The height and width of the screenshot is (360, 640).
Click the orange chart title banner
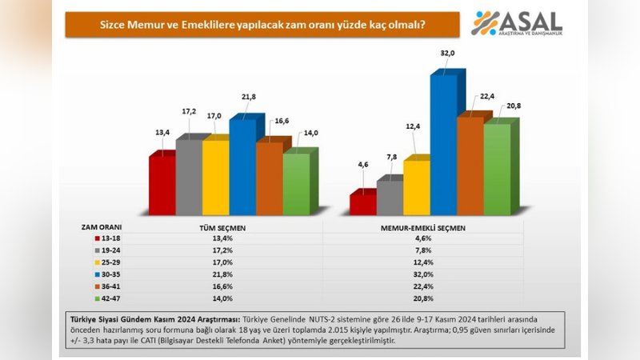pos(262,25)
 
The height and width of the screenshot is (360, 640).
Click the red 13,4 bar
pos(162,184)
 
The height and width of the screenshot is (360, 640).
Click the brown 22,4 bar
pos(471,166)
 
